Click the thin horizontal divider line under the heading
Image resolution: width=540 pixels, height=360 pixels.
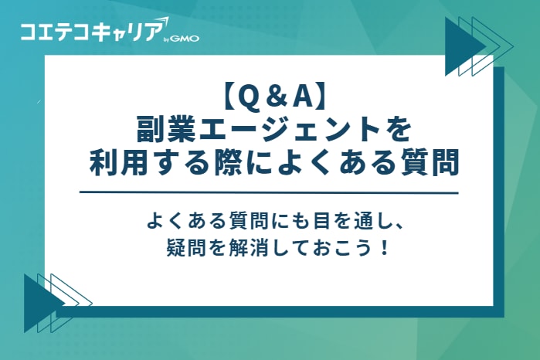coord(270,192)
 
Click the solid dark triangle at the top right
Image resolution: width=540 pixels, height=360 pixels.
coord(461,46)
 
